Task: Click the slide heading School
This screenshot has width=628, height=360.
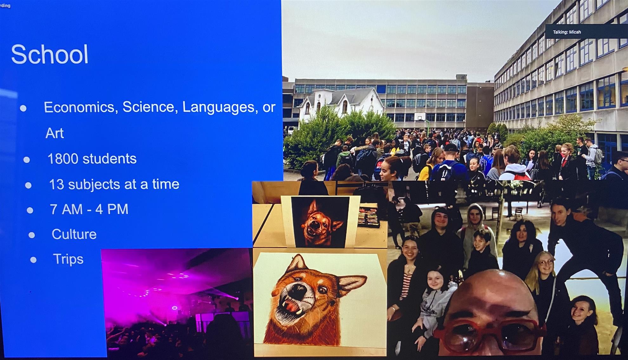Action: pyautogui.click(x=50, y=54)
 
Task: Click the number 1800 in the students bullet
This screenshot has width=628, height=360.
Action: pyautogui.click(x=62, y=159)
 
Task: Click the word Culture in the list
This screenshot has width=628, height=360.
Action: pyautogui.click(x=74, y=234)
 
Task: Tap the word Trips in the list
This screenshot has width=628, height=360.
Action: pyautogui.click(x=68, y=259)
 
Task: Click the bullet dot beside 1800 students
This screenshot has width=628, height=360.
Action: pyautogui.click(x=27, y=160)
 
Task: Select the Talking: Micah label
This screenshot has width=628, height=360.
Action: pyautogui.click(x=567, y=32)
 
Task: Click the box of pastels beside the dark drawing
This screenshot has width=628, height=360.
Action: pyautogui.click(x=369, y=216)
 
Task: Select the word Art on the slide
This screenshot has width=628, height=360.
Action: pyautogui.click(x=55, y=133)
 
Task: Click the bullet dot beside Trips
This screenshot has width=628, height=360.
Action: pyautogui.click(x=33, y=260)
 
